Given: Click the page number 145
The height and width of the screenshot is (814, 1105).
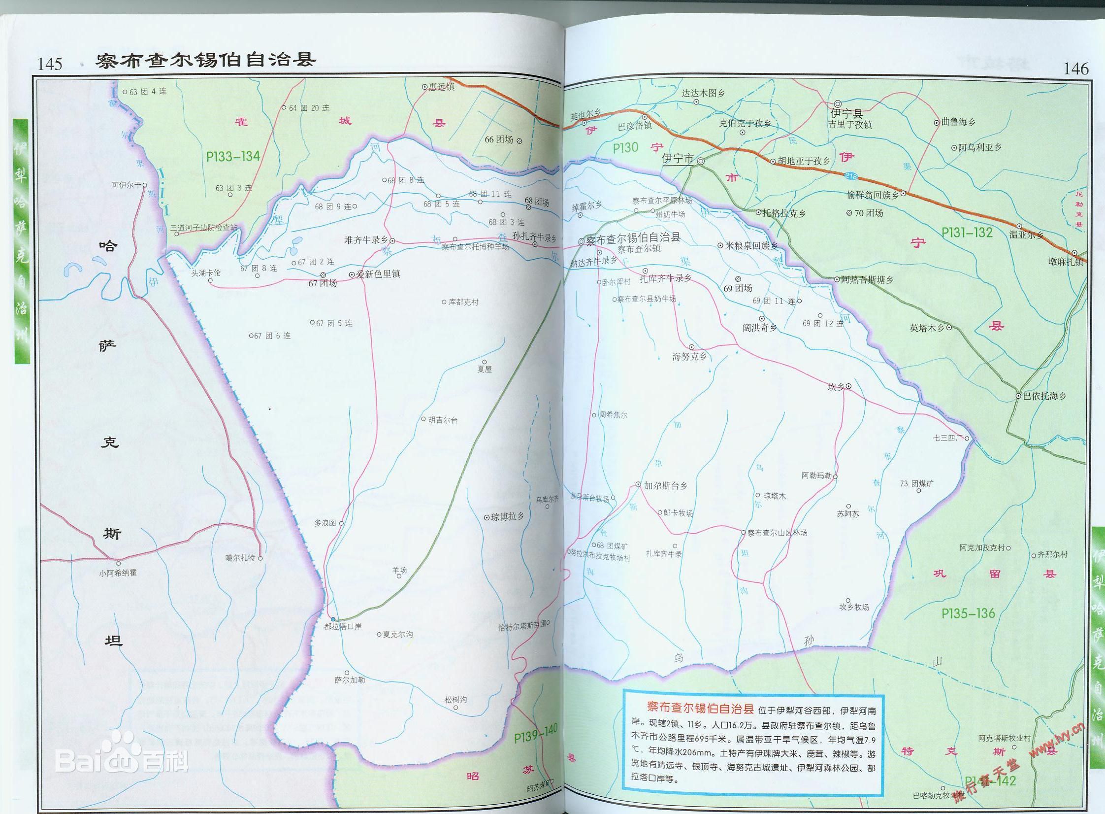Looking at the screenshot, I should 50,64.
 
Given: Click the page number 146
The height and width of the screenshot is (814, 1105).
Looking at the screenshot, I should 1075,69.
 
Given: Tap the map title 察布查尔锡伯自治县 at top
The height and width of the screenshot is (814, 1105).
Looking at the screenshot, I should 205,60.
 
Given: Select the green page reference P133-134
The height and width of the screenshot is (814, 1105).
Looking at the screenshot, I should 233,157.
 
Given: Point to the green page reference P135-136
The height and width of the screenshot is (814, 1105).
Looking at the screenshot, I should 968,613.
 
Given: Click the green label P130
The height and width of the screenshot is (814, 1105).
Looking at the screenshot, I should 625,148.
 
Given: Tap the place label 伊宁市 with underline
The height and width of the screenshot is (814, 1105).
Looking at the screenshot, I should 678,159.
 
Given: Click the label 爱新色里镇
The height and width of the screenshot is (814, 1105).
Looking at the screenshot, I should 378,274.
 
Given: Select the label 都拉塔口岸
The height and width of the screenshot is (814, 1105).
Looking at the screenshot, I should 343,626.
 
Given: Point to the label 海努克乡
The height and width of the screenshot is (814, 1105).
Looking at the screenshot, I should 689,356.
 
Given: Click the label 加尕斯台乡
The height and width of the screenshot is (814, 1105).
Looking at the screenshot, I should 666,485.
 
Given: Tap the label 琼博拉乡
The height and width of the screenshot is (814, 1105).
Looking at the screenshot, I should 507,516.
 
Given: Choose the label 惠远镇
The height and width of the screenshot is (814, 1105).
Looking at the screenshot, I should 441,87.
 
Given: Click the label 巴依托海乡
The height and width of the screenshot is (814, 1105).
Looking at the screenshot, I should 1044,395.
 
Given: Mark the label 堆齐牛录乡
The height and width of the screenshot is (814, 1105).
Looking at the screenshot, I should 366,240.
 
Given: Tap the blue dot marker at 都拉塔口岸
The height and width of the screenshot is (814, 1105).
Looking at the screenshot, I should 333,619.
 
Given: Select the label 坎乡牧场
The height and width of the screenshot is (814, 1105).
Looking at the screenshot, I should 854,607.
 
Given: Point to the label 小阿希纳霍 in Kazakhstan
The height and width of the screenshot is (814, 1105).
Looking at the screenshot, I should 118,573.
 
